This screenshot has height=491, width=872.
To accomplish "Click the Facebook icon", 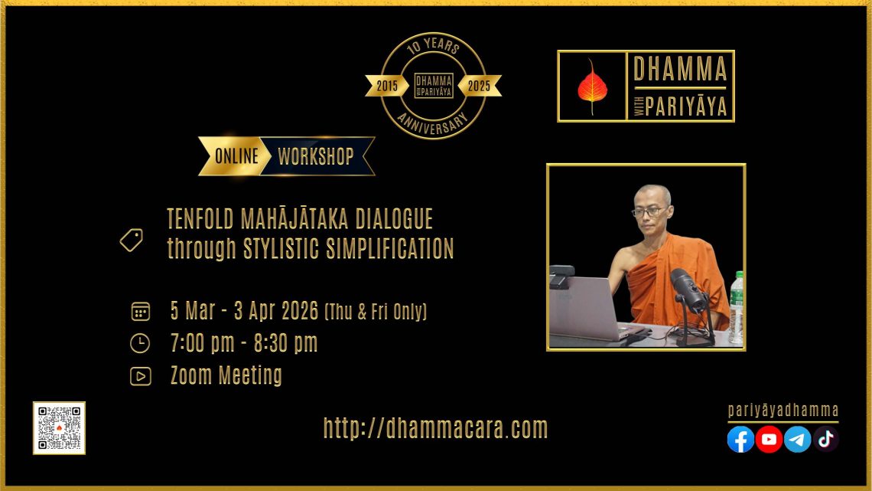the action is (740, 439).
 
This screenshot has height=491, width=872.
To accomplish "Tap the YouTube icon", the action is (769, 439).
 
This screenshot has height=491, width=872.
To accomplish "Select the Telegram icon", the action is (798, 439).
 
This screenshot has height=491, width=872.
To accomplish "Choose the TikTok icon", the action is (826, 439).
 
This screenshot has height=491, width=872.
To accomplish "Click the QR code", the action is (59, 428).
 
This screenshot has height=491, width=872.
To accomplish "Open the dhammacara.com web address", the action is (435, 428).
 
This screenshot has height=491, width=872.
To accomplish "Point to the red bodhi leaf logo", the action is (592, 87).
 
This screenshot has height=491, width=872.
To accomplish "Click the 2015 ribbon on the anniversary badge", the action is (387, 86).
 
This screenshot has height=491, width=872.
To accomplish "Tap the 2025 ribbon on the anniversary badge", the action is (480, 86).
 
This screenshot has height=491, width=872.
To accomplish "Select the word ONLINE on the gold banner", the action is (236, 156).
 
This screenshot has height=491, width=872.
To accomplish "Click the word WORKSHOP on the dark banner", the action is (316, 156).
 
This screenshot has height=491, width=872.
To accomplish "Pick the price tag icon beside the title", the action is (132, 240).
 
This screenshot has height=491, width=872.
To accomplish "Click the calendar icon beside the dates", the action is (140, 311).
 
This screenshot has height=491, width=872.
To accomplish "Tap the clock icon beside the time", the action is (140, 343).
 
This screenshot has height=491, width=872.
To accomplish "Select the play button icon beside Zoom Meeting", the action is (140, 376).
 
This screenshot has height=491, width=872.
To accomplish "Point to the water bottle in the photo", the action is (737, 307).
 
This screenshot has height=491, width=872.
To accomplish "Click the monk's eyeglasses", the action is (649, 211).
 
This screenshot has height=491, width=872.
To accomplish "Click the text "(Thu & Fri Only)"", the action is (376, 311).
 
